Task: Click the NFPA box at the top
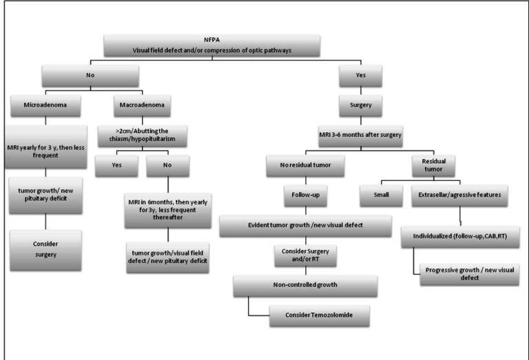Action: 212,45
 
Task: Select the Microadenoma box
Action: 45,105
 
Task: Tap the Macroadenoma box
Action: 142,105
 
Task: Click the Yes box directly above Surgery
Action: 361,76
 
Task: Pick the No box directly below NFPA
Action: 90,76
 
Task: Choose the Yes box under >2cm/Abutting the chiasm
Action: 116,165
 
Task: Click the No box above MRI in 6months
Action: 167,165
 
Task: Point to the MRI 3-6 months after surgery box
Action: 360,136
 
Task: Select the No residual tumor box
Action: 305,165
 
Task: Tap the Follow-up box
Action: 305,195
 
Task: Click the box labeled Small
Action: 381,195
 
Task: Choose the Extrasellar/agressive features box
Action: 459,195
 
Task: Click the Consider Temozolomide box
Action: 320,315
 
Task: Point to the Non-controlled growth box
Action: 305,286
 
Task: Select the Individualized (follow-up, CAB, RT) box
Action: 460,237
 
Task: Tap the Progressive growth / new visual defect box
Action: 470,275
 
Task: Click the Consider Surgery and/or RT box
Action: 305,256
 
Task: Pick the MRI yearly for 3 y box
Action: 46,147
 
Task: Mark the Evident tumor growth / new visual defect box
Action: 305,226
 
